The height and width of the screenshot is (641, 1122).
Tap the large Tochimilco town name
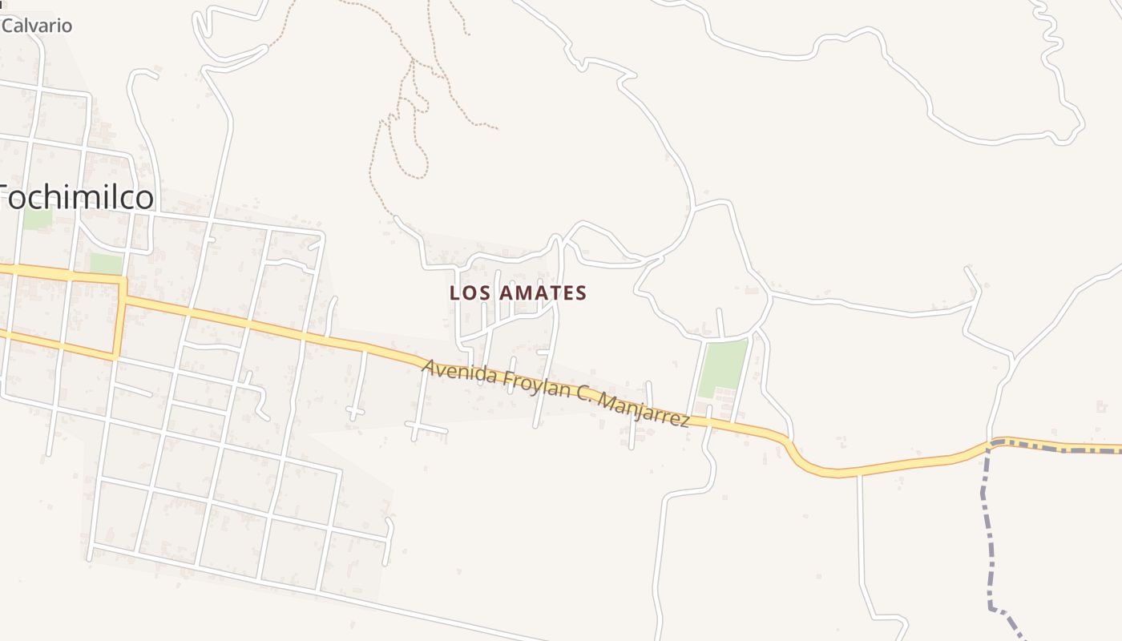click(x=76, y=196)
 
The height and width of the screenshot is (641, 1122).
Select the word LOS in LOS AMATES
click(x=469, y=293)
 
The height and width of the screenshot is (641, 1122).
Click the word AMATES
click(x=543, y=293)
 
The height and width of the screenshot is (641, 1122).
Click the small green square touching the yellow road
click(x=106, y=264)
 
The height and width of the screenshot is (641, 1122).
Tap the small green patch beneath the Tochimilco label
click(x=37, y=218)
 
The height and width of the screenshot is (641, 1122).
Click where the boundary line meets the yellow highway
click(x=994, y=443)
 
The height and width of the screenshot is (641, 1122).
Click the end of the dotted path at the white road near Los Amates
click(x=396, y=217)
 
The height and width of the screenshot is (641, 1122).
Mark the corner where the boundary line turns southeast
click(x=992, y=608)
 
